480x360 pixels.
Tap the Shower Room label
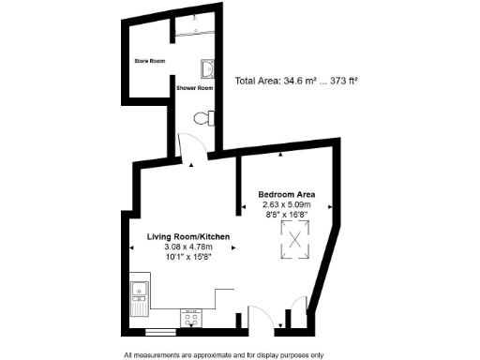(195, 88)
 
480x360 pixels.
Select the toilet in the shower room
(202, 119)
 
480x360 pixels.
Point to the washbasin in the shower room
(206, 69)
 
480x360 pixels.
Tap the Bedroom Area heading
(287, 194)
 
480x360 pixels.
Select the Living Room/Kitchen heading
(188, 236)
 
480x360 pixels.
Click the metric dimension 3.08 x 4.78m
(188, 247)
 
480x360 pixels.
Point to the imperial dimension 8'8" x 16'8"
(287, 215)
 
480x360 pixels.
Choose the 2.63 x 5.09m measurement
(287, 204)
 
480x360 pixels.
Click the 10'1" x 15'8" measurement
(188, 257)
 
